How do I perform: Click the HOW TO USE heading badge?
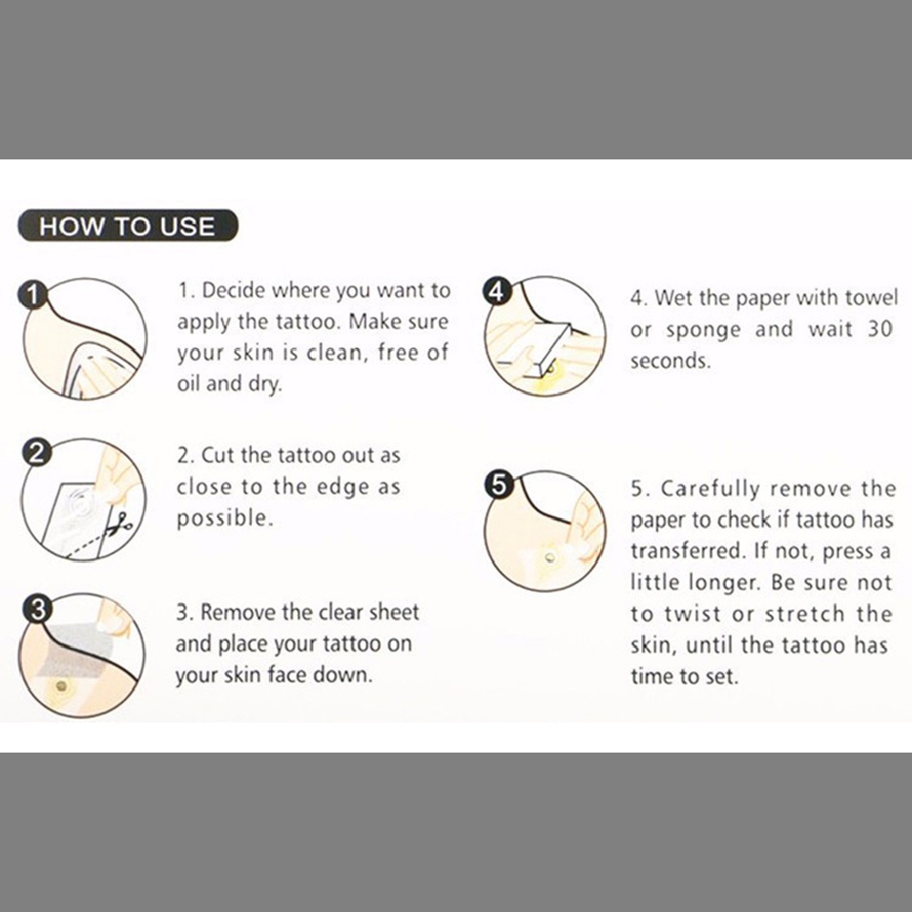point(128,225)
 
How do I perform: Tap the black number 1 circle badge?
point(33,294)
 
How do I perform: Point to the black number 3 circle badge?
point(37,609)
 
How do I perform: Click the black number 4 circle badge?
point(496,290)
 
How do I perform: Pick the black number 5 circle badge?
point(499,484)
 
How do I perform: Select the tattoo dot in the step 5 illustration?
point(550,558)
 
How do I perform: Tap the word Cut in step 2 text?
point(217,455)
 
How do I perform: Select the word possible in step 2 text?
point(224,518)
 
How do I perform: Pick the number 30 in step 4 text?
point(879,329)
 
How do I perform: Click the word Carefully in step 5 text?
point(710,490)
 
